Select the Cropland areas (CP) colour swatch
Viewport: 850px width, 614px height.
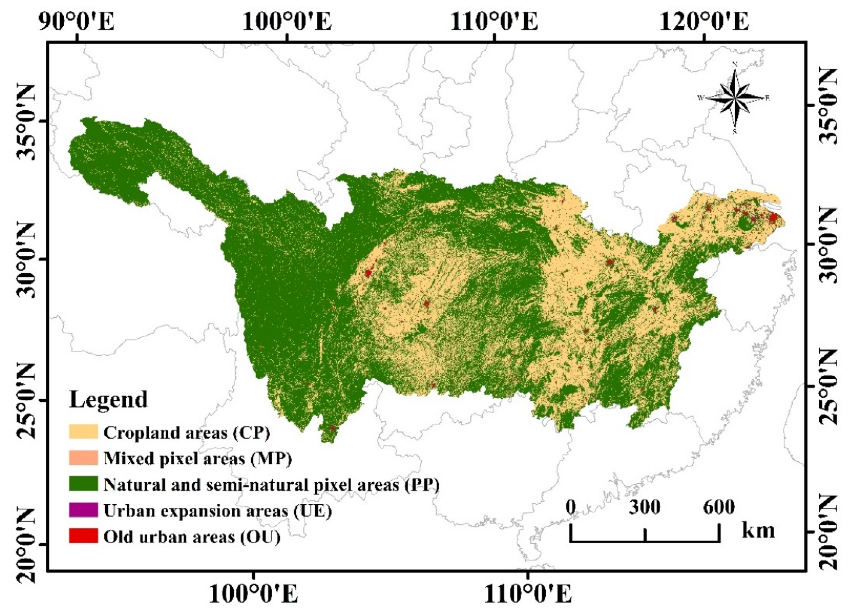click(83, 432)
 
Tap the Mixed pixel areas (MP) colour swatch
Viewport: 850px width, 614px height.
click(83, 458)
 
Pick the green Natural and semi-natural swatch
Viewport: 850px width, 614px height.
click(83, 484)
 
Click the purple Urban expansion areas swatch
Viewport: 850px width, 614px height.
click(83, 510)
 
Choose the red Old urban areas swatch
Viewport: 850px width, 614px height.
click(83, 536)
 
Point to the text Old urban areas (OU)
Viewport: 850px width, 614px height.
click(192, 537)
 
